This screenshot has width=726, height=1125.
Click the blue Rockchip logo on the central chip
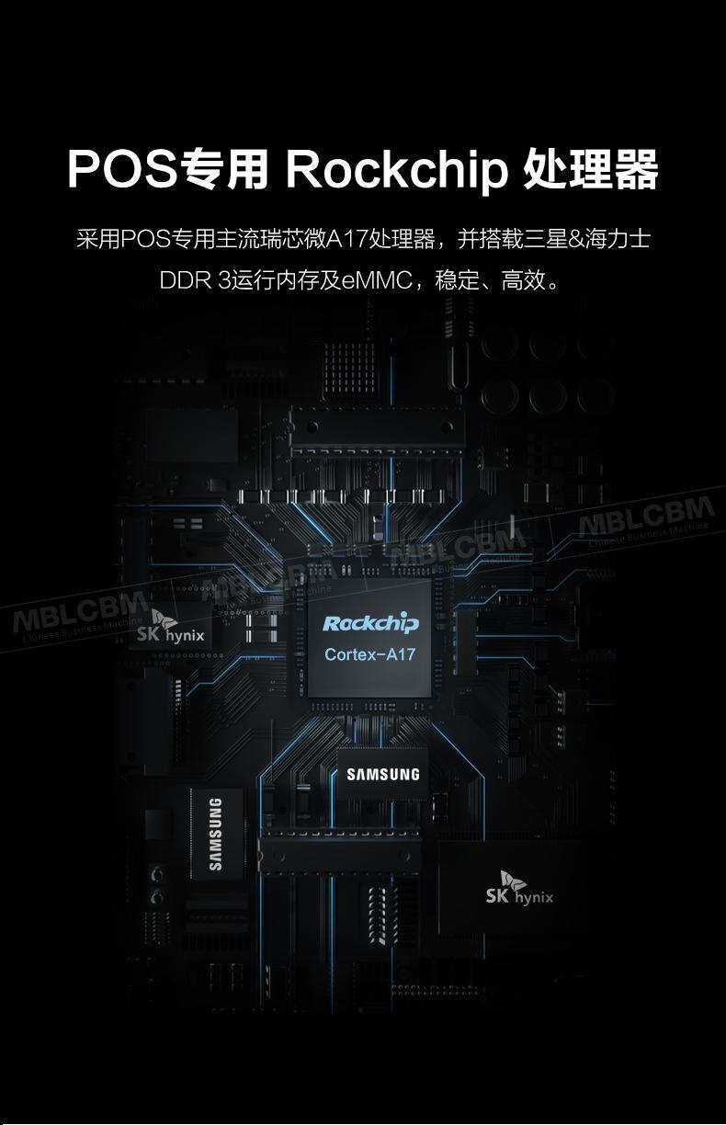(x=371, y=624)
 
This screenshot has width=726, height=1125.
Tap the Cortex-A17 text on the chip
(x=371, y=655)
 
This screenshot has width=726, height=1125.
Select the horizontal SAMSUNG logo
(x=383, y=775)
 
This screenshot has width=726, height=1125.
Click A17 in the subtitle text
(x=346, y=240)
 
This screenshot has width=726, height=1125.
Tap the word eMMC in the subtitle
(x=376, y=279)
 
